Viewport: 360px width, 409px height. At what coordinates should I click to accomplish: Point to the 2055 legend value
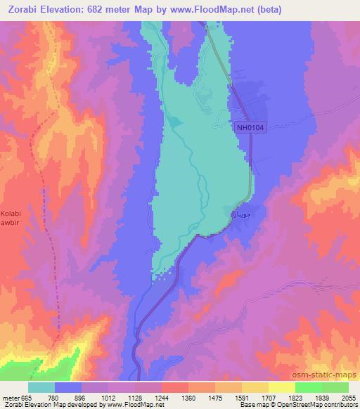point(347,398)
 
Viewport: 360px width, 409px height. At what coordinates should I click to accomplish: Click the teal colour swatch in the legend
point(41,387)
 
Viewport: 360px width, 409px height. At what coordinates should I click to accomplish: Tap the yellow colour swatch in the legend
point(281,387)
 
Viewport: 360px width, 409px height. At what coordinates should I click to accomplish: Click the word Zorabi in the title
point(21,8)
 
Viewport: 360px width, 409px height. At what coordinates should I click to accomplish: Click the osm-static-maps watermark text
point(327,377)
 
